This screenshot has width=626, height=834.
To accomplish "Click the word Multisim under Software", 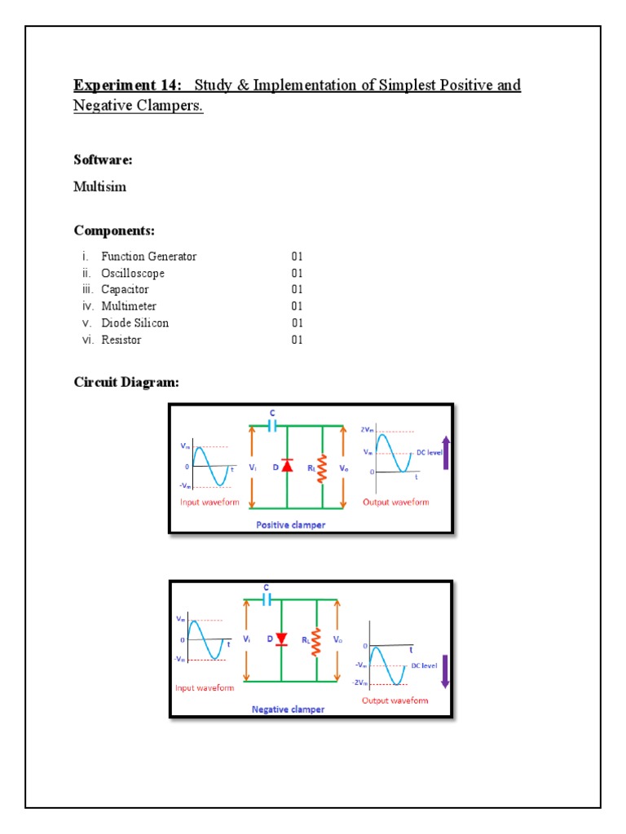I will coord(99,187).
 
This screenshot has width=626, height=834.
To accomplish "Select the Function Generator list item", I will coord(148,257).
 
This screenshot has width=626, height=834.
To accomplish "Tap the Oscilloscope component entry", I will coord(132,273).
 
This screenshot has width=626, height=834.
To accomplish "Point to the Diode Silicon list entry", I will coord(134,323).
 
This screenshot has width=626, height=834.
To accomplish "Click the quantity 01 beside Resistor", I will coord(297,340).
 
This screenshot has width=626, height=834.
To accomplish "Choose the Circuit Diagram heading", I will coord(126,382).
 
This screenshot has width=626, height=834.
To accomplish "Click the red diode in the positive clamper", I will coord(287,465).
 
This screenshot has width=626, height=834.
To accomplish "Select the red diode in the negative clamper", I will coord(282,639).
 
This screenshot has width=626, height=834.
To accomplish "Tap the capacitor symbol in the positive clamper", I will coord(272,425).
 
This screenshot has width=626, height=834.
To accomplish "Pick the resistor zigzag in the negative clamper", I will coord(316,640).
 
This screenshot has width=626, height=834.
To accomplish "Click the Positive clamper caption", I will coord(290,525).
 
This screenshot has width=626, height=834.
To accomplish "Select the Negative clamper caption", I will coord(288,709).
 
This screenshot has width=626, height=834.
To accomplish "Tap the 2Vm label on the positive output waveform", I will coord(367,429).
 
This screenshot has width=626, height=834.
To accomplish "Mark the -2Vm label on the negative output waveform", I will coord(361,683).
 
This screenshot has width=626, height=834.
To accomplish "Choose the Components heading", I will coord(114,230).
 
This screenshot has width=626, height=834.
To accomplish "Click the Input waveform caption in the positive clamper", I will coord(209,503).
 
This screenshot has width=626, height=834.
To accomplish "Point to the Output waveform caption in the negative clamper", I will coord(395,700).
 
